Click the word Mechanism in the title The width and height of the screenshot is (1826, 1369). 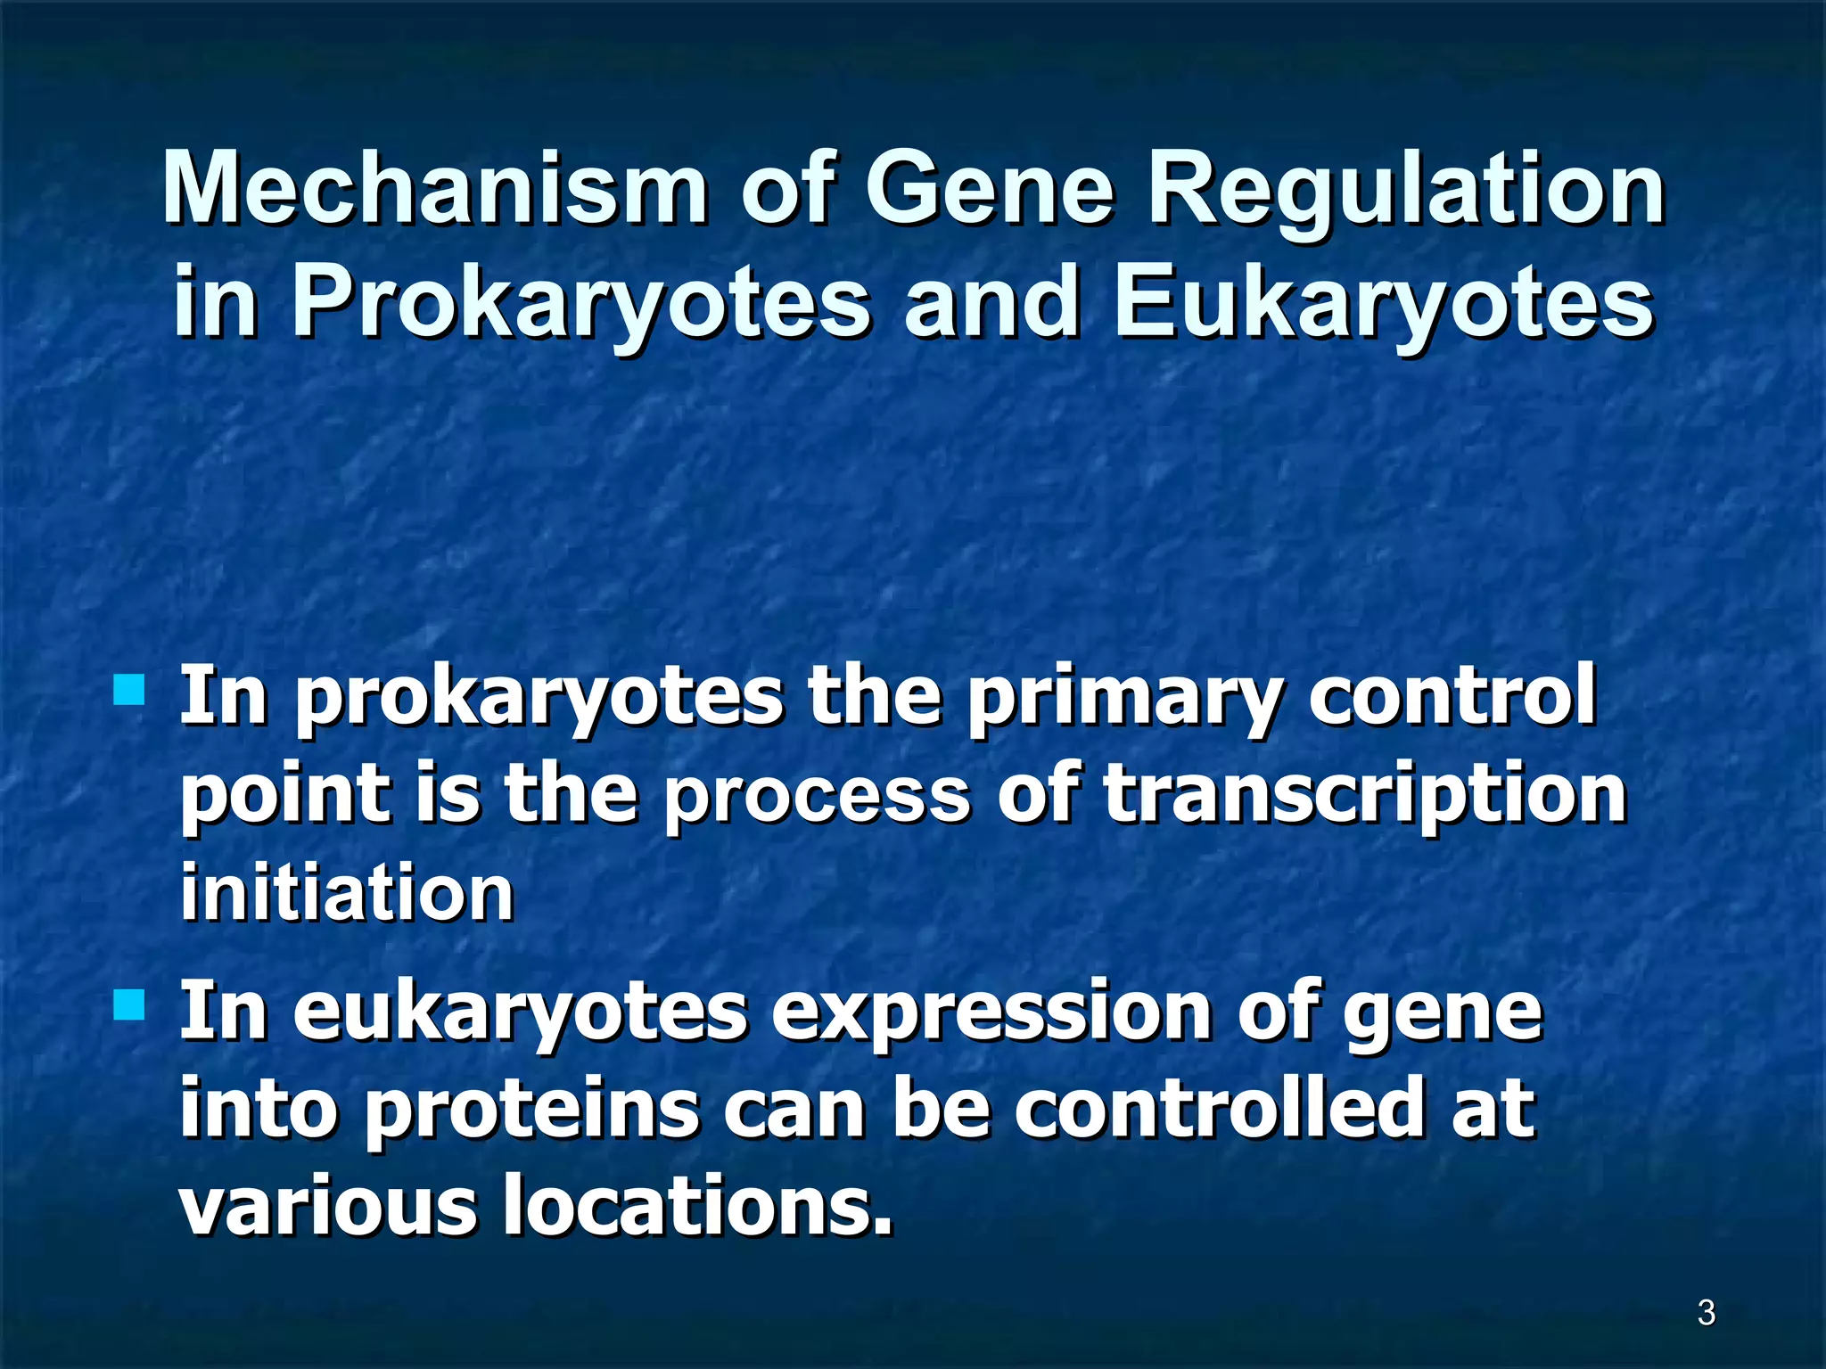[x=435, y=190]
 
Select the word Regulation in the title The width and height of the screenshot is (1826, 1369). [x=1405, y=190]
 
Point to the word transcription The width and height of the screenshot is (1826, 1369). [x=1364, y=796]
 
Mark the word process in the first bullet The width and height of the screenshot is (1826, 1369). [x=816, y=796]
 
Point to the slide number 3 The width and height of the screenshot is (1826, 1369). [x=1706, y=1313]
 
